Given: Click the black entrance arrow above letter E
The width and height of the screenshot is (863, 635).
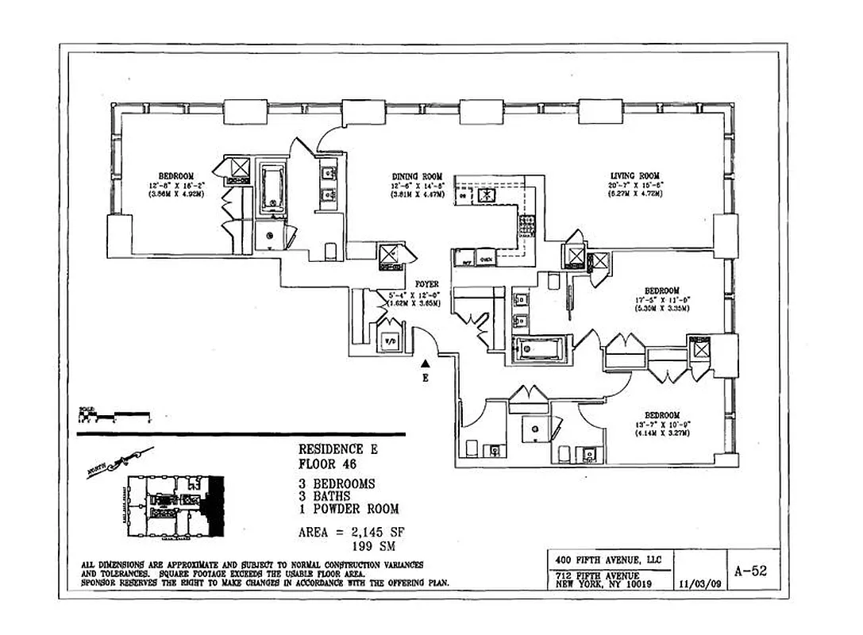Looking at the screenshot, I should pos(426,364).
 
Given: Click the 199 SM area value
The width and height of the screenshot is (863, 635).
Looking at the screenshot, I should pos(370,545).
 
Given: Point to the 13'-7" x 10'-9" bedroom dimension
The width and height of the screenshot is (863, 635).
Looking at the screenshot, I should pos(661,425).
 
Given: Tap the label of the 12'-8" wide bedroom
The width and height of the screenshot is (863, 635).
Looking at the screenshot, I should pos(175,175).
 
